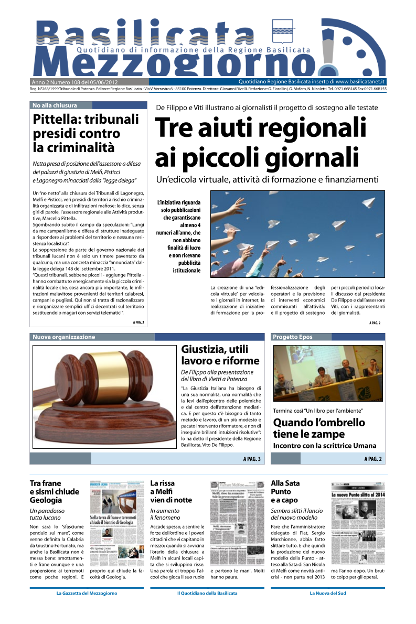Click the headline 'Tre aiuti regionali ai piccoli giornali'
click(x=260, y=142)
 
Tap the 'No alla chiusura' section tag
click(x=55, y=105)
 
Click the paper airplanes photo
click(x=297, y=233)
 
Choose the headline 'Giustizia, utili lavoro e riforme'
click(x=220, y=355)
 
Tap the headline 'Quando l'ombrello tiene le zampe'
click(x=319, y=428)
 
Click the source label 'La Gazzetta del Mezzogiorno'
click(x=87, y=593)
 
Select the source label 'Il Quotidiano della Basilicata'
click(x=207, y=593)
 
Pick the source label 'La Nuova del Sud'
click(x=328, y=593)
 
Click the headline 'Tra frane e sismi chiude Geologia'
click(x=55, y=491)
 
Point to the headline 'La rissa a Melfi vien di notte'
click(x=171, y=491)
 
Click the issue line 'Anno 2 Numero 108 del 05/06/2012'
click(x=74, y=82)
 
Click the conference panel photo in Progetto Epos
click(x=328, y=373)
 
